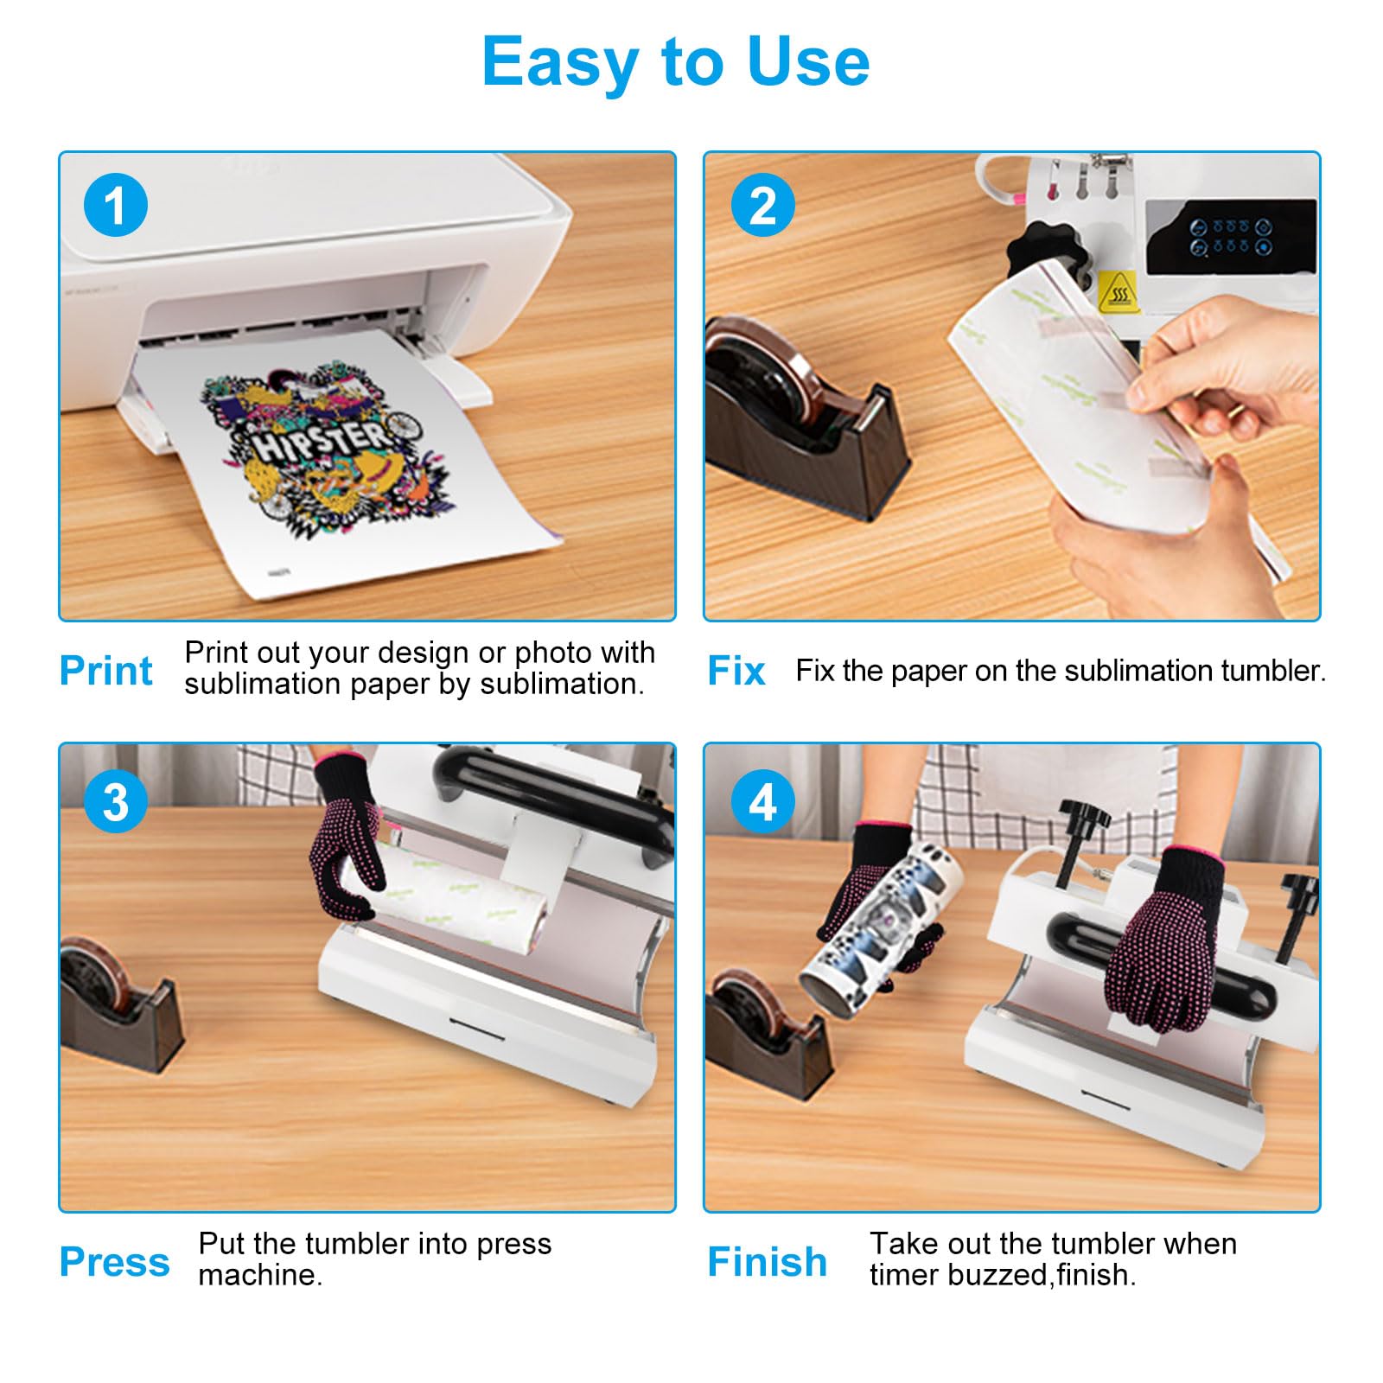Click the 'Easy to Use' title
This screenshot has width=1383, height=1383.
(675, 62)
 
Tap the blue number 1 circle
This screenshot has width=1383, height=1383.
(115, 206)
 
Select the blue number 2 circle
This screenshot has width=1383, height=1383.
(762, 206)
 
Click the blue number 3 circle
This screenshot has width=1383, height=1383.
(115, 802)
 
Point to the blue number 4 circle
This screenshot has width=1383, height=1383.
(762, 802)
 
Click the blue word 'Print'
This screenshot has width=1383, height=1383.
(105, 671)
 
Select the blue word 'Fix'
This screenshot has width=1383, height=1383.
(736, 671)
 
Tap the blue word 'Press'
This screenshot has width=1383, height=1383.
(114, 1262)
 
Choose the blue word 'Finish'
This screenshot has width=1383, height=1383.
(767, 1262)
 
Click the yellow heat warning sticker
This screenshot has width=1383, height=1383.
(1118, 291)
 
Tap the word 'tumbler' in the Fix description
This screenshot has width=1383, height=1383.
(1271, 671)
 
